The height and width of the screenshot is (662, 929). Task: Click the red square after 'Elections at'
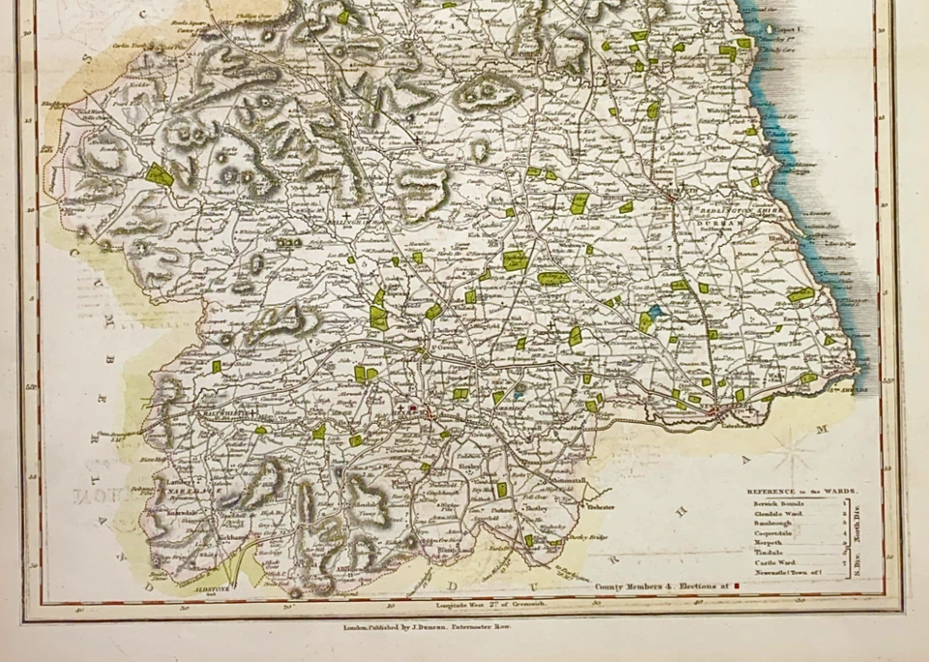tap(737, 586)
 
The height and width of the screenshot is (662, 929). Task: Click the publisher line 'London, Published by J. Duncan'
tap(427, 627)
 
